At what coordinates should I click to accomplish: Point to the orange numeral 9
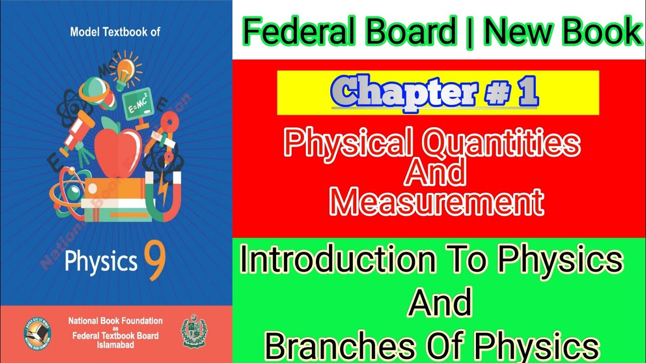click(155, 258)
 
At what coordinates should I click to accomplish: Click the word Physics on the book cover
click(100, 261)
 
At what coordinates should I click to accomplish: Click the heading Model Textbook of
click(116, 32)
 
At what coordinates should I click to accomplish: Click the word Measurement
click(437, 202)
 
